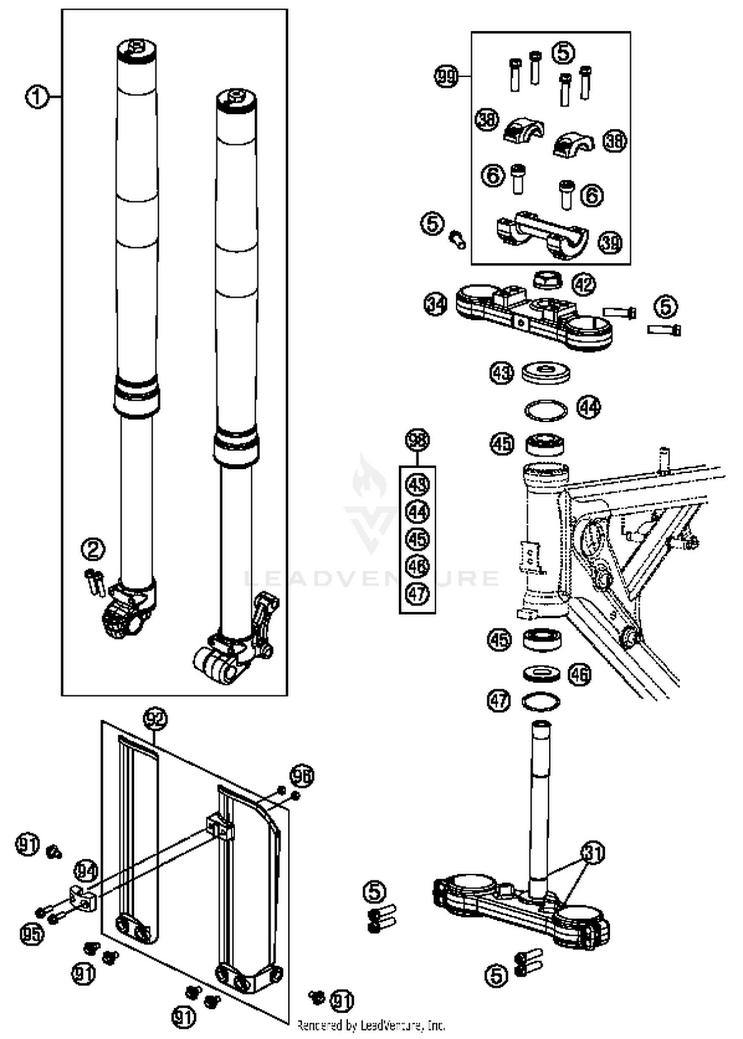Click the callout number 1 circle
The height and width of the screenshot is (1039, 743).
[x=37, y=97]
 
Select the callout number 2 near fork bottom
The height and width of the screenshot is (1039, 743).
[x=93, y=549]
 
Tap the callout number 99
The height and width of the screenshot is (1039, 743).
[x=446, y=77]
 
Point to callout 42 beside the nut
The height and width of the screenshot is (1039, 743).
[x=584, y=284]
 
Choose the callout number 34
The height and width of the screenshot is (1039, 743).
[x=436, y=303]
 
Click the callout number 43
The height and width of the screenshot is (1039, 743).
[x=502, y=373]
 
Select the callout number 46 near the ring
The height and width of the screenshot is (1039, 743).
[x=579, y=674]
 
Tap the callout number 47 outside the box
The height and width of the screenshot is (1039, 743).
[x=499, y=700]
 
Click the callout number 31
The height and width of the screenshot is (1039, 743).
[x=592, y=853]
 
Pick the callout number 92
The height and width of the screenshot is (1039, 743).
[x=155, y=719]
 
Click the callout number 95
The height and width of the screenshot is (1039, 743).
[x=32, y=934]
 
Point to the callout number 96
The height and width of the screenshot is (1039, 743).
[x=302, y=776]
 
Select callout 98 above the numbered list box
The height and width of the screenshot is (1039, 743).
[x=417, y=440]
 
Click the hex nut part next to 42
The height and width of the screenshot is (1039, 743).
[x=547, y=280]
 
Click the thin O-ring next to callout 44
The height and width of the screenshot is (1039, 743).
[x=546, y=410]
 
